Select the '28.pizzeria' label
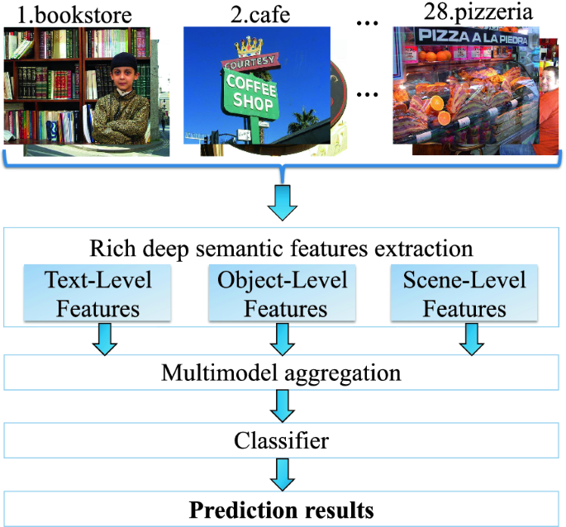468,14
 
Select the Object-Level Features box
283,293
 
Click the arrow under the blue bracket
283,201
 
